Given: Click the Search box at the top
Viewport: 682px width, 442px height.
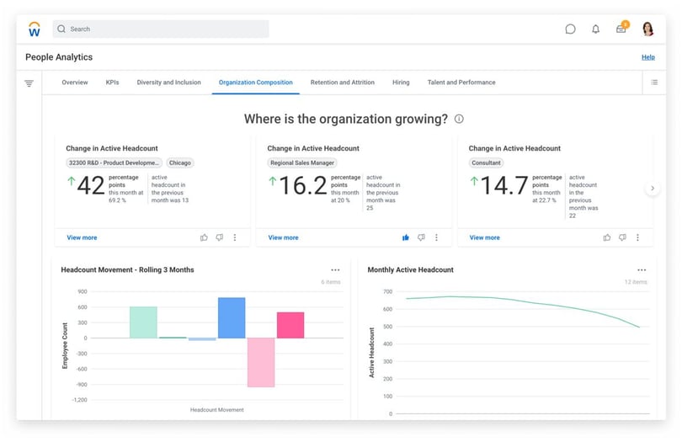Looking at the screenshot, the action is [x=161, y=29].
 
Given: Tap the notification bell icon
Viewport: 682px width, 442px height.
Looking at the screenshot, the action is [x=595, y=29].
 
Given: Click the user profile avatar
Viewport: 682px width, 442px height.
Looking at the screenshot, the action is [x=647, y=29].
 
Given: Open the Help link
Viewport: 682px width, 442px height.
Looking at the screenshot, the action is [x=648, y=57].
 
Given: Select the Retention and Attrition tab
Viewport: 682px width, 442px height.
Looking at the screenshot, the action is [x=343, y=83].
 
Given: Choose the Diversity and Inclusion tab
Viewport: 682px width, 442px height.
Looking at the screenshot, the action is [x=168, y=83].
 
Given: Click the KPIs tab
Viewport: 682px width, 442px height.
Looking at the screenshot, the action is [x=112, y=83].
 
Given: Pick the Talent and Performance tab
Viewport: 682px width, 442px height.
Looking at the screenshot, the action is [x=461, y=83].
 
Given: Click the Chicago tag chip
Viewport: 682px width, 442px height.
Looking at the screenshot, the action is [x=180, y=162].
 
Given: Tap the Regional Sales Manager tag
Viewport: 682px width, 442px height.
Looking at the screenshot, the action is [x=302, y=162].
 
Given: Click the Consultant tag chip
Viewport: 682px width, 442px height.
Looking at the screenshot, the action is [x=487, y=162].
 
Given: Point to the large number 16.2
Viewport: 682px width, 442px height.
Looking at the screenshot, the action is [x=303, y=185].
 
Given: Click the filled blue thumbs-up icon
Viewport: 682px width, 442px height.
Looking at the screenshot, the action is [x=405, y=237].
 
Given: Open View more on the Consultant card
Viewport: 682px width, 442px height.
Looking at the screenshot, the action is [x=484, y=237].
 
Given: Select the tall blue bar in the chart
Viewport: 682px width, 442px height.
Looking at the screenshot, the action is [x=232, y=317].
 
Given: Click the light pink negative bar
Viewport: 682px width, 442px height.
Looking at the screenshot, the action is [x=261, y=362].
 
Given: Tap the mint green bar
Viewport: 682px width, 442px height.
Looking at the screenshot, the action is [x=143, y=322].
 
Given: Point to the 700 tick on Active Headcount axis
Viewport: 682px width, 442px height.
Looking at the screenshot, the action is [x=388, y=291].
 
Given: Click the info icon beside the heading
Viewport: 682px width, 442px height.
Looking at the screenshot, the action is [x=459, y=119].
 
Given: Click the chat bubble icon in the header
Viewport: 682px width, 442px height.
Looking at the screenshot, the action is [x=570, y=29].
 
